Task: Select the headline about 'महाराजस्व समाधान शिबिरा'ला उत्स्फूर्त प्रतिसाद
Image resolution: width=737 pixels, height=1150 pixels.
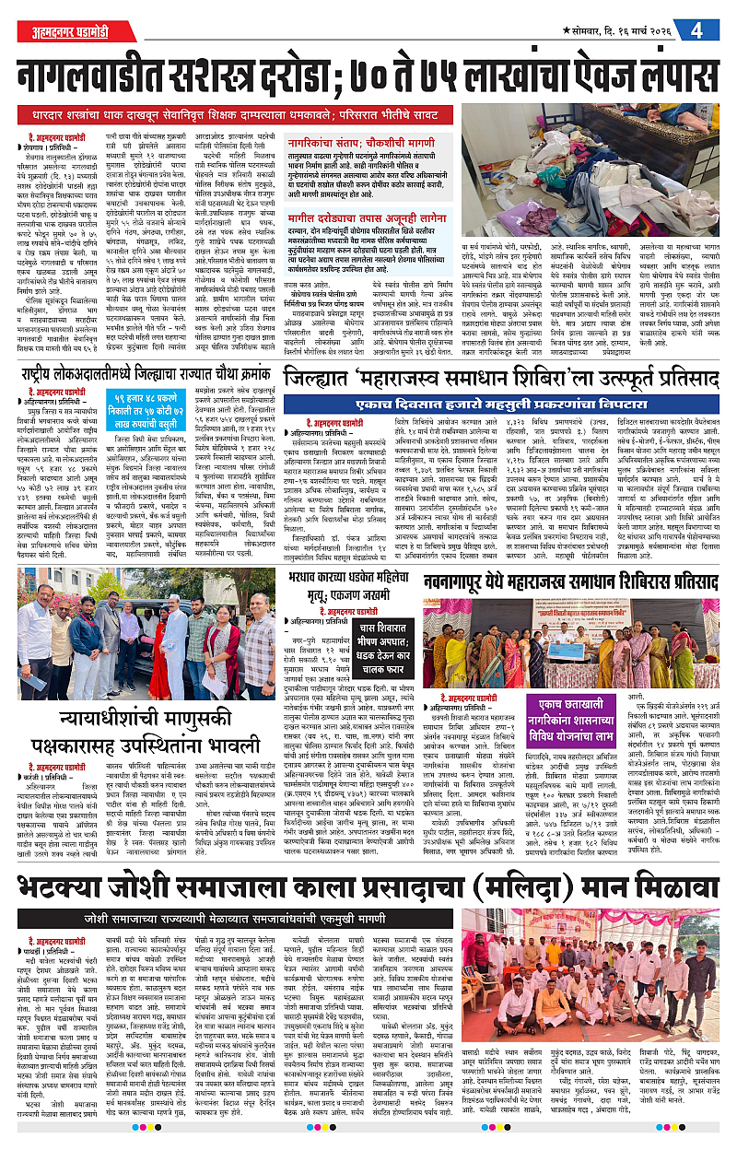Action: [x=502, y=379]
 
